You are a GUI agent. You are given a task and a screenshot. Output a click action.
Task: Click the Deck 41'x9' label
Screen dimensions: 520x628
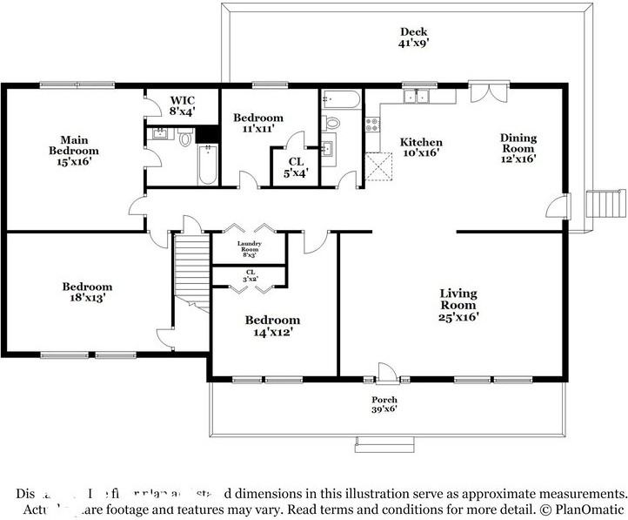tap(414, 36)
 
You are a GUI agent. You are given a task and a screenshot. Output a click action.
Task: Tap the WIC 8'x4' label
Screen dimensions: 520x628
tap(183, 106)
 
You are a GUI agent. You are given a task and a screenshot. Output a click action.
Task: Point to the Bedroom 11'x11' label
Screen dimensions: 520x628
tap(258, 123)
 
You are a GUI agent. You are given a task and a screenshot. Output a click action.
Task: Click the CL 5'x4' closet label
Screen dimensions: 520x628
tap(295, 166)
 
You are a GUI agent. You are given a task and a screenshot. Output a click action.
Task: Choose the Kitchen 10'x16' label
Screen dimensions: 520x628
tap(420, 148)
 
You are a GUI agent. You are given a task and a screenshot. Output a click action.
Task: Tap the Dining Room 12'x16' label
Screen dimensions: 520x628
tap(518, 148)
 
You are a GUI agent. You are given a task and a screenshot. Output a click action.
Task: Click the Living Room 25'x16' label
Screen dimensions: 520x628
tap(458, 305)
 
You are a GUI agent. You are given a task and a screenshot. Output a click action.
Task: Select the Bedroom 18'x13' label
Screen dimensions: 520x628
tap(87, 292)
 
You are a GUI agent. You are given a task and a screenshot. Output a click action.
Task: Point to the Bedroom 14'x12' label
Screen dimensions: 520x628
tap(272, 325)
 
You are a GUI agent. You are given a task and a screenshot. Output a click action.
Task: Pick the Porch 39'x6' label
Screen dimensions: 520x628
tap(384, 404)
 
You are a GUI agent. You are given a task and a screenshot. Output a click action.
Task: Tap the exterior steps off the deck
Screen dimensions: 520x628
tap(606, 204)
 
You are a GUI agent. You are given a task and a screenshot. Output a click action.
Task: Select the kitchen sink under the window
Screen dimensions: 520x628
tap(416, 97)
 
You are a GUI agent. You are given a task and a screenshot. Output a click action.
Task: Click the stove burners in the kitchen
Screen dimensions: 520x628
tap(372, 125)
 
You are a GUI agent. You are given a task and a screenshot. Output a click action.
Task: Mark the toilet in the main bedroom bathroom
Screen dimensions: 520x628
tap(185, 138)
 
